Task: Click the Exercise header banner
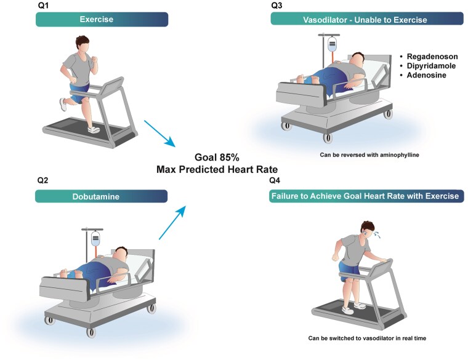click(101, 20)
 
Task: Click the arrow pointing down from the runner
click(158, 133)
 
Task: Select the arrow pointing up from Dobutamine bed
click(172, 223)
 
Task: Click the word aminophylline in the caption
click(397, 155)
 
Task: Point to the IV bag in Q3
click(332, 46)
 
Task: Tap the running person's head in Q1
click(85, 45)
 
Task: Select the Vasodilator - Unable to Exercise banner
click(367, 20)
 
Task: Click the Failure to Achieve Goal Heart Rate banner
click(367, 196)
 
